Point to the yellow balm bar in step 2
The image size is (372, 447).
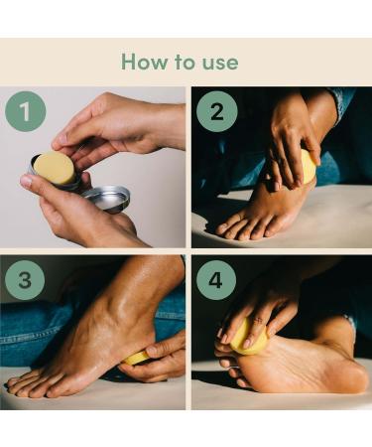click(309, 167)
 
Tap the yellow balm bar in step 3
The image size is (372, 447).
click(138, 357)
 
